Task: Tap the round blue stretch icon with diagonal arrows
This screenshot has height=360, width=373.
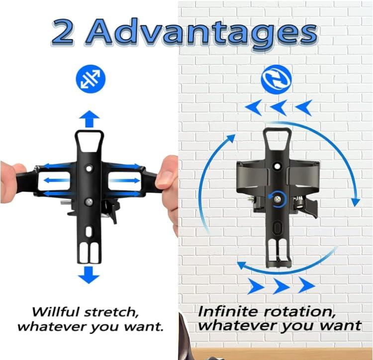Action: click(x=91, y=79)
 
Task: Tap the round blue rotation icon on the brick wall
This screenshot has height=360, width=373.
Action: click(x=277, y=80)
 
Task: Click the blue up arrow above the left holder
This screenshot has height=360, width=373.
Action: click(x=89, y=119)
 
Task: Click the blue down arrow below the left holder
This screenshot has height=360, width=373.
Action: click(x=89, y=275)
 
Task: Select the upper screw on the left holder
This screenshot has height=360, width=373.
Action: click(x=89, y=169)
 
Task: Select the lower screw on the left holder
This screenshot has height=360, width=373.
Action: click(x=89, y=202)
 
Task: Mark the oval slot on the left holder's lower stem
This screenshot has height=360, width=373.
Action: click(x=89, y=232)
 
